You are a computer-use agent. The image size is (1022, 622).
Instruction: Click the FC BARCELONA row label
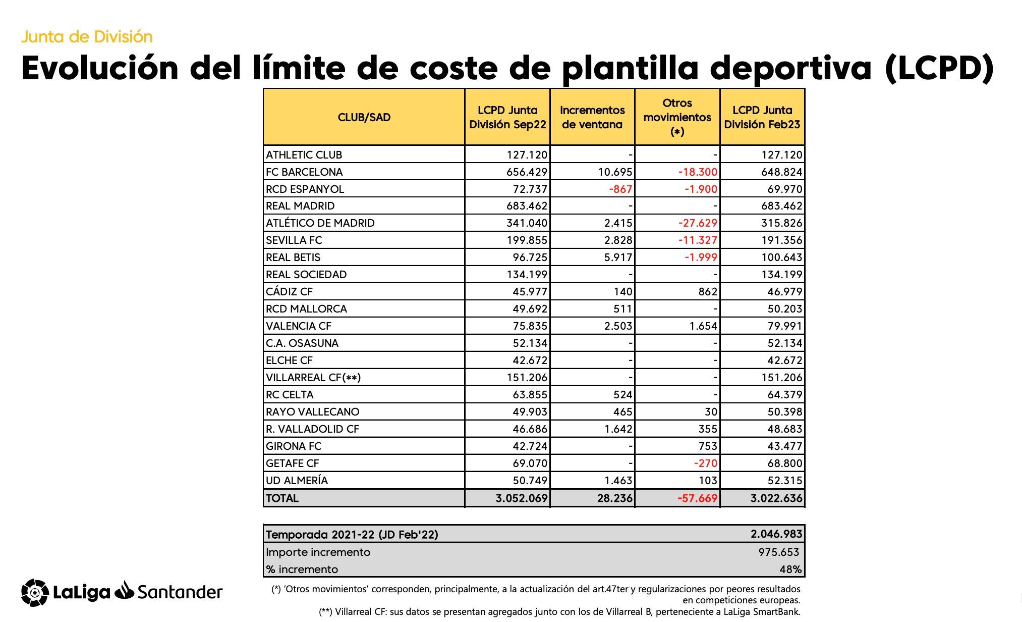(304, 172)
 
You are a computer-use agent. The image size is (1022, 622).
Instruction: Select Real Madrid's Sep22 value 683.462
(527, 206)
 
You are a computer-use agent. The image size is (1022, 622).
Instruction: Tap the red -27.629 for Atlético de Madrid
(698, 223)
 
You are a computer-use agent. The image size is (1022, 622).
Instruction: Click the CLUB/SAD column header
(364, 117)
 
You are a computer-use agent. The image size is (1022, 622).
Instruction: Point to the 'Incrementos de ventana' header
(592, 117)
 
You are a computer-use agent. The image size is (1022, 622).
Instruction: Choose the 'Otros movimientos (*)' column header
(677, 117)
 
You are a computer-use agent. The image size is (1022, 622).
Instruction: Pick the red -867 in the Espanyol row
(620, 189)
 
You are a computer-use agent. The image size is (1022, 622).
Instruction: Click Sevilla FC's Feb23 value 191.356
(781, 240)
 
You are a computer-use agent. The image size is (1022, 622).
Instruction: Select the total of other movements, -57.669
(698, 498)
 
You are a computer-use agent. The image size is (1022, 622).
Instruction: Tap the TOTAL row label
(282, 498)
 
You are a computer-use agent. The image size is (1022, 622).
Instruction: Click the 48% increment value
(790, 569)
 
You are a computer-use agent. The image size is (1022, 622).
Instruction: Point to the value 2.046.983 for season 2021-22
(776, 534)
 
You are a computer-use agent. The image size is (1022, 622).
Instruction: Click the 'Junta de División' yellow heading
(87, 37)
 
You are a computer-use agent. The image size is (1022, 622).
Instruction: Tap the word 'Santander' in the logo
(180, 592)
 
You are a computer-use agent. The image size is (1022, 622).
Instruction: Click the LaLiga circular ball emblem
(35, 592)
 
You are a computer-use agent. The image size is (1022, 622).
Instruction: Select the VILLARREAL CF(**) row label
(313, 378)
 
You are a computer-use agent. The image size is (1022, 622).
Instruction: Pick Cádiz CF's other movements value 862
(707, 292)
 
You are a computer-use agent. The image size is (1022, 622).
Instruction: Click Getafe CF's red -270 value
(705, 463)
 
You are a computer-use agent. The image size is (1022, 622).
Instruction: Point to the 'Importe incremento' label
(318, 552)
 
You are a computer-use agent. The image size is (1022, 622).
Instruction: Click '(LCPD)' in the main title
(939, 68)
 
